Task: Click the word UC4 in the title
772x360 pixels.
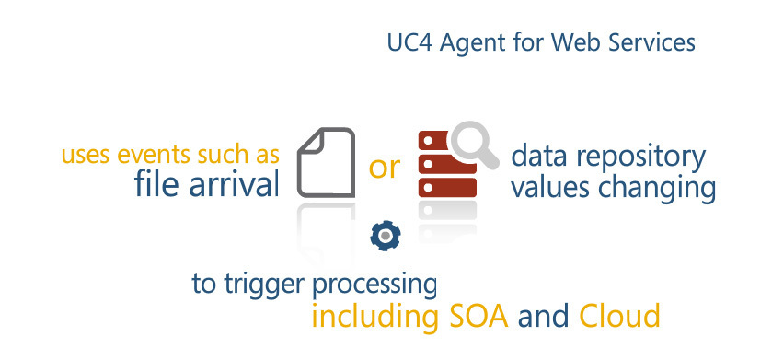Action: tap(406, 44)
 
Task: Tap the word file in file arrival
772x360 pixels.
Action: tap(156, 185)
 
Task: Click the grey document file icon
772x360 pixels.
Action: tap(327, 162)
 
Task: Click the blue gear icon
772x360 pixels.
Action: tap(383, 236)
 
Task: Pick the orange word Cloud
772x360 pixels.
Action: tap(619, 316)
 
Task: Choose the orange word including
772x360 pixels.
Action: tap(372, 317)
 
